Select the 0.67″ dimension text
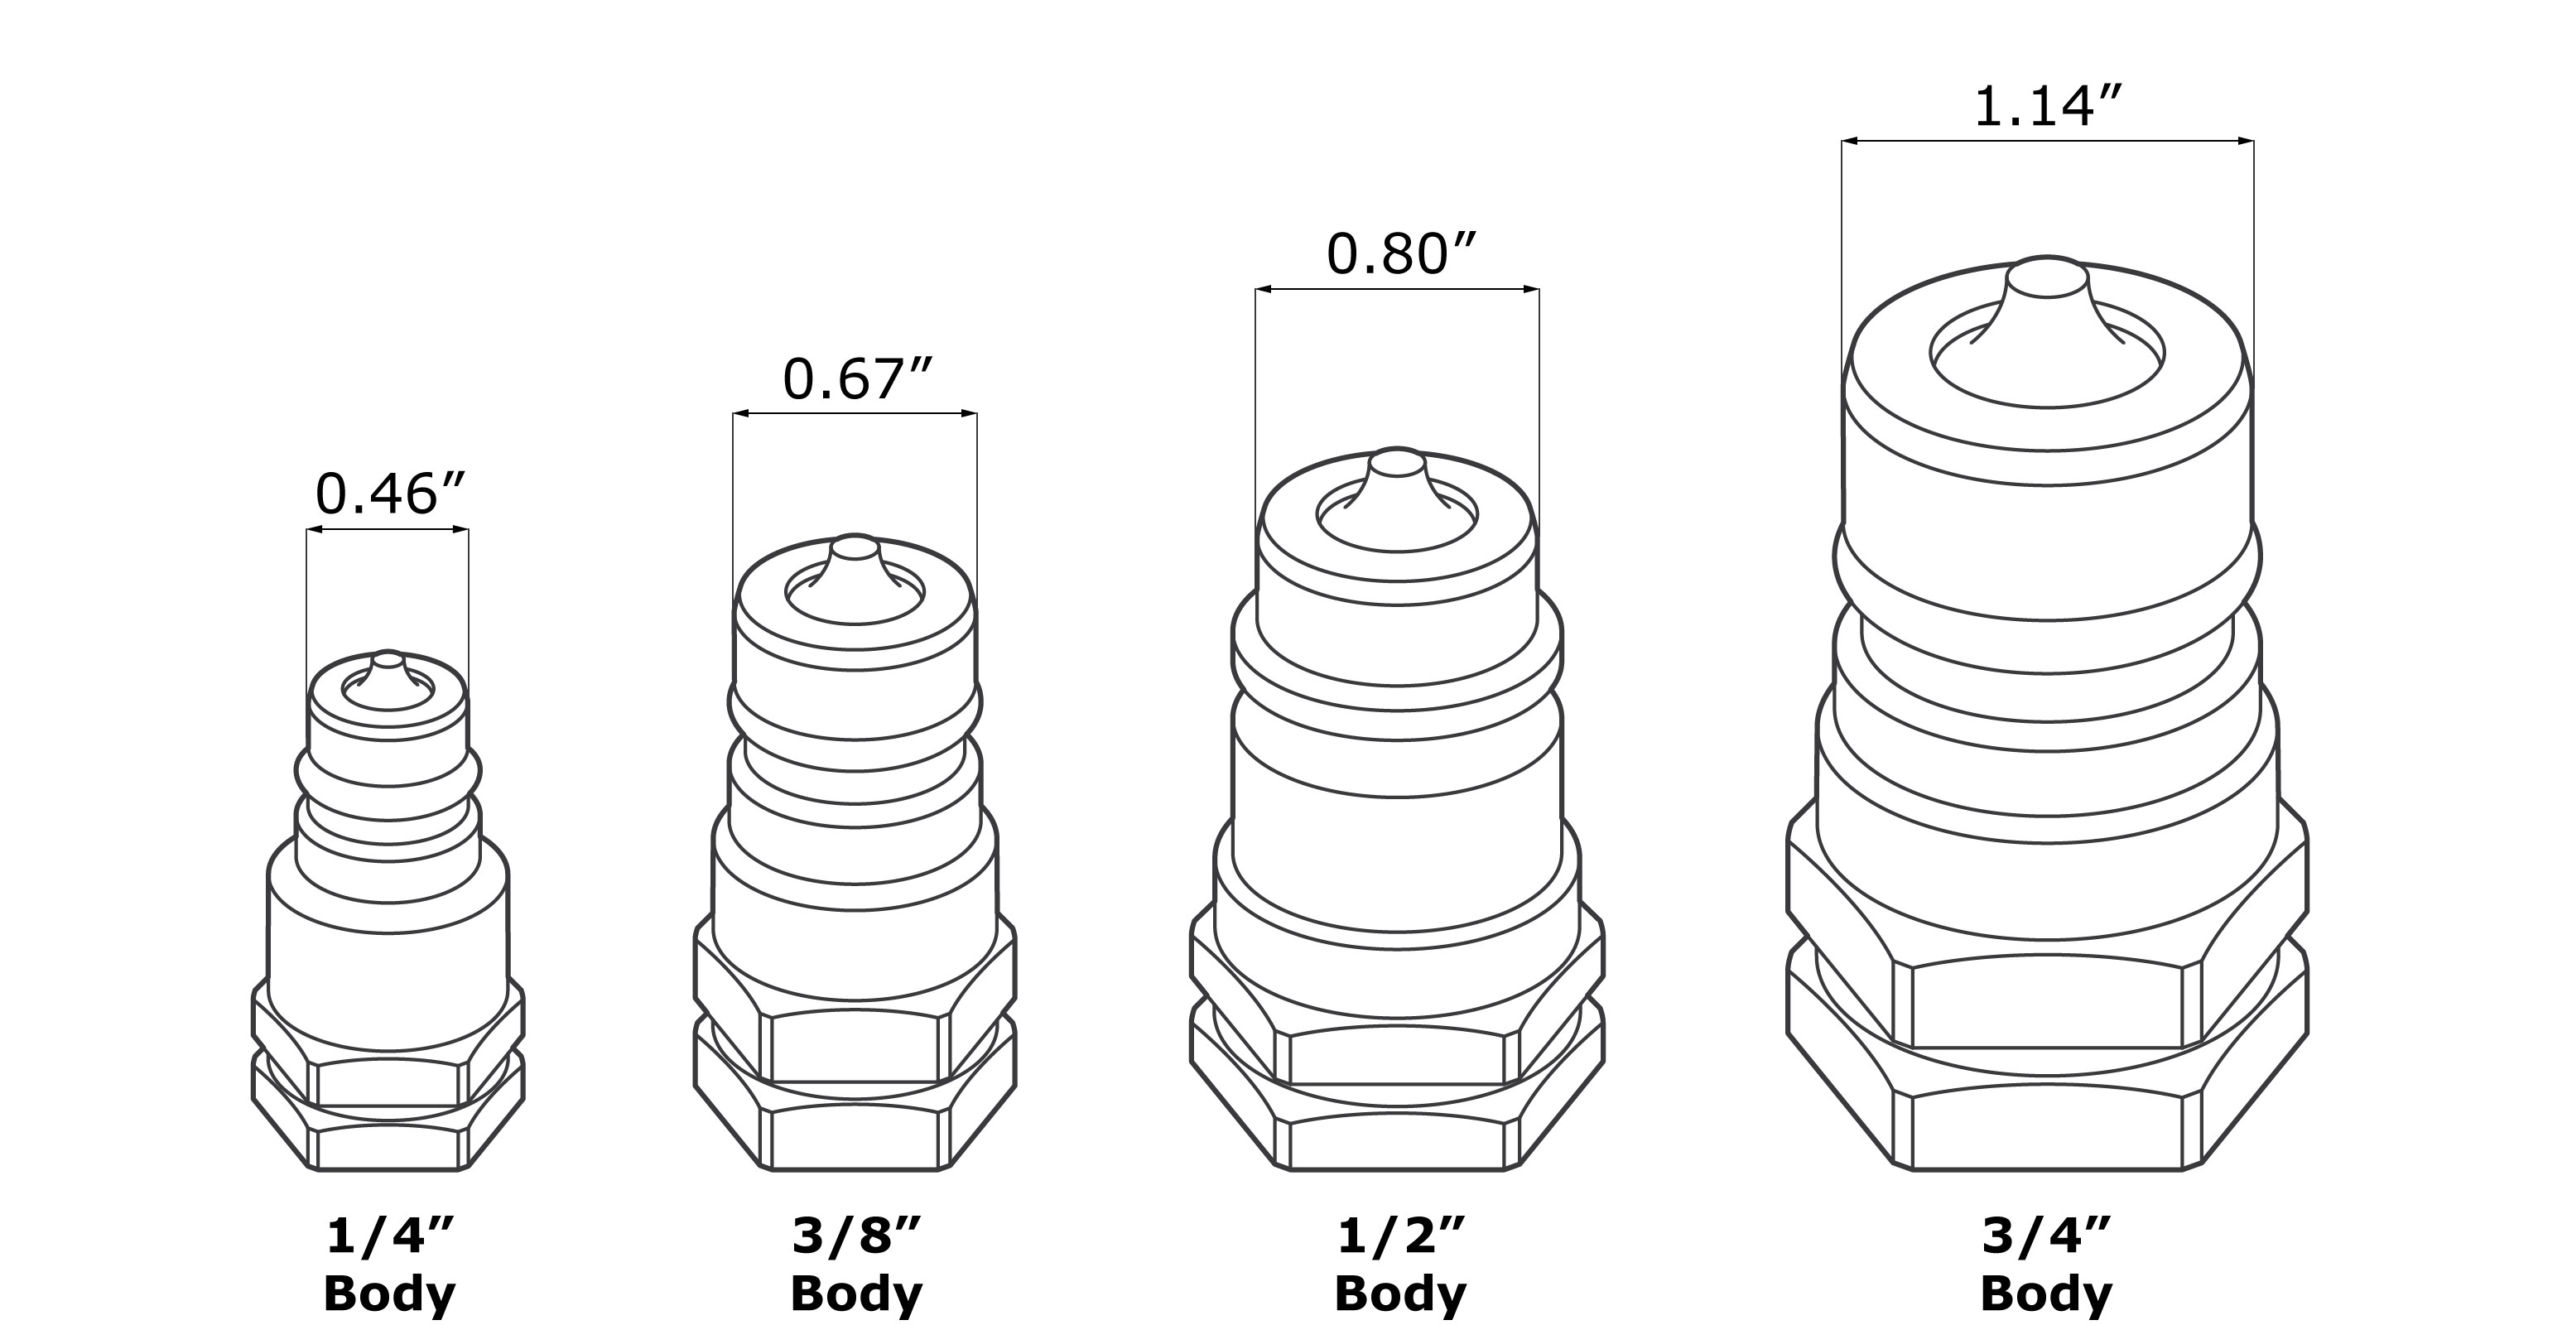coord(856,378)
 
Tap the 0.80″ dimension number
coord(1399,254)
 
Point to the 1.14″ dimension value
coord(2047,107)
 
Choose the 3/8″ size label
coord(856,1237)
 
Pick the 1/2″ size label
coord(1400,1237)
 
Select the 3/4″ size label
coord(2046,1237)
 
